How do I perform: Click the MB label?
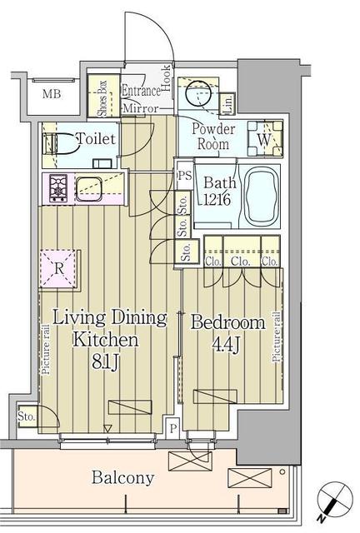pos(52,92)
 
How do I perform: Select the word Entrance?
pos(141,91)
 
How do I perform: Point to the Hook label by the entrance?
pos(167,77)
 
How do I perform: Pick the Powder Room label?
pos(213,136)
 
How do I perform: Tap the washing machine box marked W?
pos(262,140)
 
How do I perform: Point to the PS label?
pos(183,176)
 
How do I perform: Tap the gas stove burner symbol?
pos(61,189)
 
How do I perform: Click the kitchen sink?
pos(87,187)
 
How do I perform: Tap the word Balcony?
pos(123,478)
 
